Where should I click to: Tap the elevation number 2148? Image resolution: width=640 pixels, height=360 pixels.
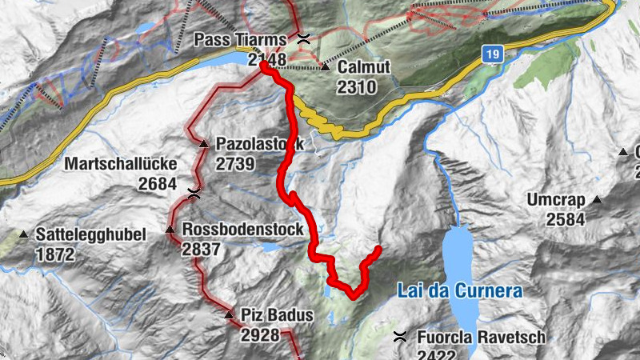pyautogui.click(x=266, y=59)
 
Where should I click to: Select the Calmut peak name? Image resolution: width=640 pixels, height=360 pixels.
pyautogui.click(x=363, y=67)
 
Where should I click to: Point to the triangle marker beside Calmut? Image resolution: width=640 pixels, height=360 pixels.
pyautogui.click(x=326, y=67)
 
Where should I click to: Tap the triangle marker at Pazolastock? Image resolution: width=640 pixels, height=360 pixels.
pyautogui.click(x=204, y=145)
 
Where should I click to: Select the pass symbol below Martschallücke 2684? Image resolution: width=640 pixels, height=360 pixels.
pyautogui.click(x=194, y=193)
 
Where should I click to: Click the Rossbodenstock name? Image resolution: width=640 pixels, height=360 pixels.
pyautogui.click(x=242, y=230)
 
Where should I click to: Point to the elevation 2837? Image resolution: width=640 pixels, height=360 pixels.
pyautogui.click(x=202, y=250)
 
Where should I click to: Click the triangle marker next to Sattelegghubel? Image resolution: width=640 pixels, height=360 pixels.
pyautogui.click(x=23, y=235)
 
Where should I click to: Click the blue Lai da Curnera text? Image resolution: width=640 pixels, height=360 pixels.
pyautogui.click(x=460, y=291)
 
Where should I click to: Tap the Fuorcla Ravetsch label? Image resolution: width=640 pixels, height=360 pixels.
pyautogui.click(x=480, y=337)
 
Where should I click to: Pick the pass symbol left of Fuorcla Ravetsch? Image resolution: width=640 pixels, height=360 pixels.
pyautogui.click(x=400, y=337)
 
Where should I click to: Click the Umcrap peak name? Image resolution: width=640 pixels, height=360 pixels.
pyautogui.click(x=556, y=199)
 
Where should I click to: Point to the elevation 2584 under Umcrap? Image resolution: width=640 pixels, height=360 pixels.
pyautogui.click(x=565, y=219)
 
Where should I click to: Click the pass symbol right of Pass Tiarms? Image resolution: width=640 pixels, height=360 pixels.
pyautogui.click(x=303, y=38)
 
